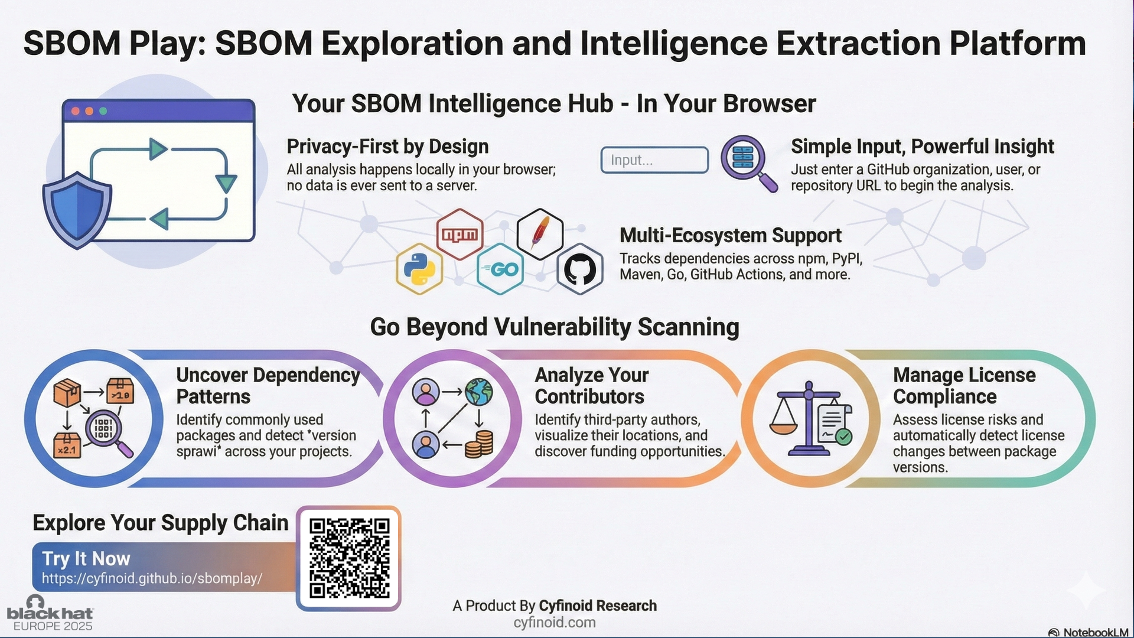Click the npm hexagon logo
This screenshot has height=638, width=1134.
click(460, 234)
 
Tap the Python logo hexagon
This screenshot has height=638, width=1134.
click(420, 269)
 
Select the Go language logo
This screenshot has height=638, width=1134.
click(500, 269)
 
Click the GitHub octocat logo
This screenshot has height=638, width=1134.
click(580, 269)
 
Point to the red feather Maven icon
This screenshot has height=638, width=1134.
click(540, 234)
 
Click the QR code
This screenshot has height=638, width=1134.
click(349, 558)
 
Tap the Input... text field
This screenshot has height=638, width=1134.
click(654, 160)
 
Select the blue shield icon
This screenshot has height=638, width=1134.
click(77, 210)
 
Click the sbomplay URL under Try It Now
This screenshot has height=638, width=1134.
click(152, 578)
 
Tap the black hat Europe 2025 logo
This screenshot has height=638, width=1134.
click(50, 614)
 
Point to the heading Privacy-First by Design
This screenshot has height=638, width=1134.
click(387, 147)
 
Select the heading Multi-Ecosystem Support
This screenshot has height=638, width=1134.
click(731, 235)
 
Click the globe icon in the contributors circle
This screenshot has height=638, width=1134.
click(478, 392)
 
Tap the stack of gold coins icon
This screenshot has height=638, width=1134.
click(479, 445)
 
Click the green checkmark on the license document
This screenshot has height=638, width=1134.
click(844, 437)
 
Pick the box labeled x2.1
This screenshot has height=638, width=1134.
click(67, 445)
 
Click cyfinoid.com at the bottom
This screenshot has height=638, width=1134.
click(555, 623)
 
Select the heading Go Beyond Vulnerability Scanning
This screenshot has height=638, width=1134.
click(555, 327)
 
